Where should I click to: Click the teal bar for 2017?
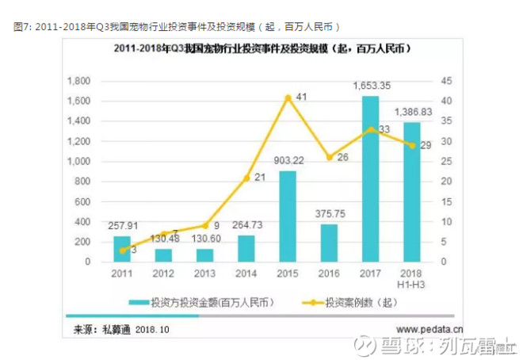pyautogui.click(x=370, y=178)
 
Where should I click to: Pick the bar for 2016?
pyautogui.click(x=329, y=242)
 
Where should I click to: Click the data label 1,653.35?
pyautogui.click(x=370, y=86)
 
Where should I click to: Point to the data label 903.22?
pyautogui.click(x=287, y=162)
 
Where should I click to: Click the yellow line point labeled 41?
pyautogui.click(x=287, y=98)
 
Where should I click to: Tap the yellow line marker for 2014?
pyautogui.click(x=246, y=178)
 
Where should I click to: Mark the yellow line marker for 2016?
pyautogui.click(x=329, y=158)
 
